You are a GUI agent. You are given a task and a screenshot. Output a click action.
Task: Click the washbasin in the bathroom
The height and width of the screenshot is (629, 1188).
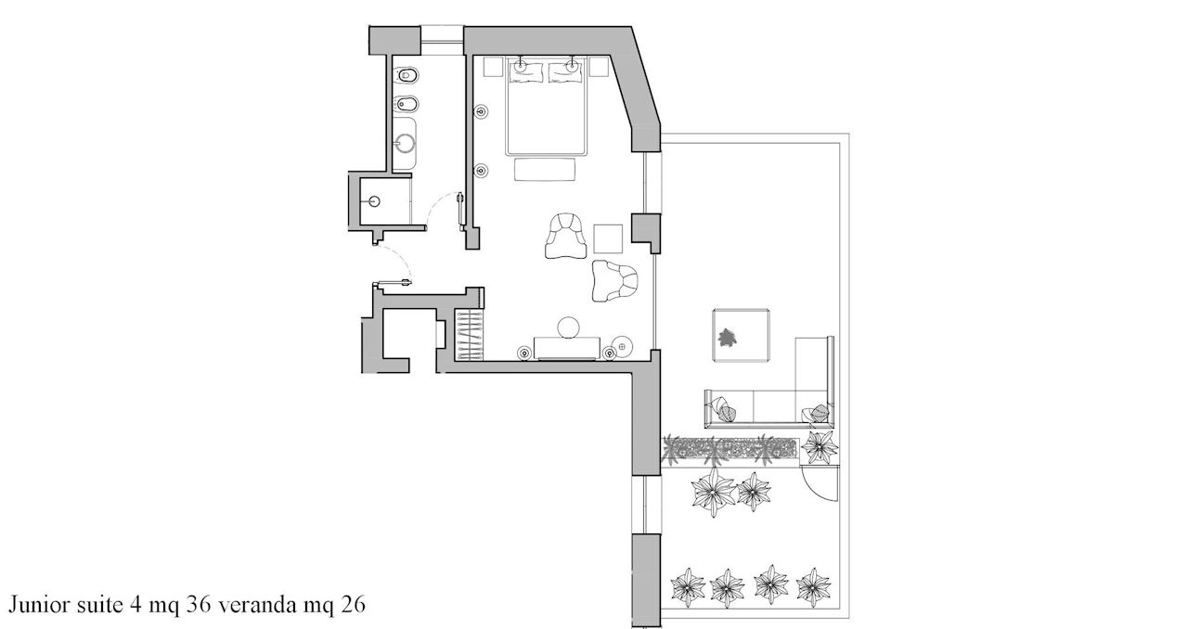(x=407, y=143)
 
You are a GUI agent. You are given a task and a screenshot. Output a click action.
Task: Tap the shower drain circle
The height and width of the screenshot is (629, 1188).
(x=374, y=201)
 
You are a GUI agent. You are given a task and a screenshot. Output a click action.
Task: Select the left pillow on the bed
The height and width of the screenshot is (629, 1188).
(x=526, y=72)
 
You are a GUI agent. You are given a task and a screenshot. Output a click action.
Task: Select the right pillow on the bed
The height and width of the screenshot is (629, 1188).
(x=565, y=72)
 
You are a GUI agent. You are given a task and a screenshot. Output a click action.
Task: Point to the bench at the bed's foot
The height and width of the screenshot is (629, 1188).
(x=545, y=169)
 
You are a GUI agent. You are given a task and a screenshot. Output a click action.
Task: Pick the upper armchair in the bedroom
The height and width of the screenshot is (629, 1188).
(x=566, y=236)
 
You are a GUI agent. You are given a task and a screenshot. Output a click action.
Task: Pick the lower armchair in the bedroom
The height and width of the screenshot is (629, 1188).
(x=614, y=281)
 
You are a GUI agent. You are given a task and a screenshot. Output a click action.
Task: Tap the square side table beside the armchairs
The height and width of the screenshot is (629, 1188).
(x=608, y=238)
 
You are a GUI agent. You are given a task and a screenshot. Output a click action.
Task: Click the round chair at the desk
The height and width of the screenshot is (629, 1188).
(x=568, y=327)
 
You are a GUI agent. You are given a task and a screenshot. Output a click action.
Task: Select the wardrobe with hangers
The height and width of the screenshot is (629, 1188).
(x=469, y=335)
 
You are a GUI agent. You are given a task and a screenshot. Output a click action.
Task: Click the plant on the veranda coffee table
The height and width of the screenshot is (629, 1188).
(x=726, y=338)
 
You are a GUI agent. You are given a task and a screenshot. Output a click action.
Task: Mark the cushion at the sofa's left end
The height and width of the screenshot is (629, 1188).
(x=724, y=410)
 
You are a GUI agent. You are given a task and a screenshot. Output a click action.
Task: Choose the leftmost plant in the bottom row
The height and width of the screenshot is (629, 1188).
(x=688, y=587)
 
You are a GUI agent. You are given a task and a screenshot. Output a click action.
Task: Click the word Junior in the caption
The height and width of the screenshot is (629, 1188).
(x=40, y=605)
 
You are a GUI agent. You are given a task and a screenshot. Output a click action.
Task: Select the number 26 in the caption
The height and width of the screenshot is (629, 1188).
(x=353, y=605)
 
